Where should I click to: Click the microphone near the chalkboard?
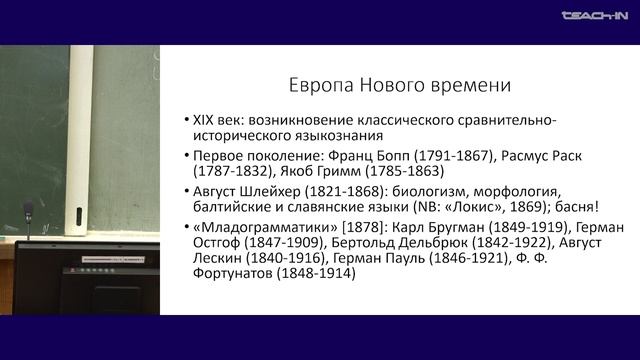28,212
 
